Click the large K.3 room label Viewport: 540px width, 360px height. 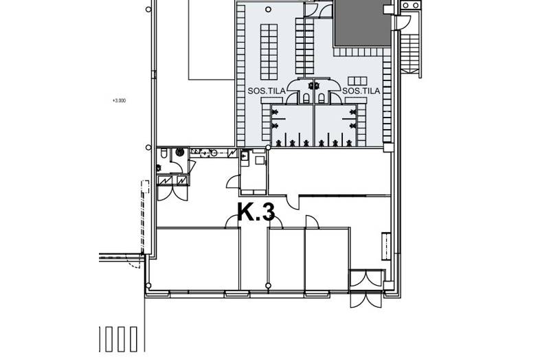(x=256, y=212)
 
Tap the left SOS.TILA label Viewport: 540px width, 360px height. (x=267, y=91)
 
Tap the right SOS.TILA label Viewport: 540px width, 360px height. (x=361, y=91)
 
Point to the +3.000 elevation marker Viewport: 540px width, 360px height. (x=119, y=100)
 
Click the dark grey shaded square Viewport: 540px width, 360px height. (x=363, y=23)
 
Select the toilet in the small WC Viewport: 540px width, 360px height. (x=164, y=153)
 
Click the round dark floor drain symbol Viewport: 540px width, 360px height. (x=180, y=152)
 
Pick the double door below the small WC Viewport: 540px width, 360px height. (x=172, y=193)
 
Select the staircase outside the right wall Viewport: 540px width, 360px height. (x=411, y=51)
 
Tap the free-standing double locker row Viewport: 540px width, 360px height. (x=269, y=52)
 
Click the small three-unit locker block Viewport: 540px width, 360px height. (x=357, y=81)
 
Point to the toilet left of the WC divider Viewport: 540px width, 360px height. (x=306, y=98)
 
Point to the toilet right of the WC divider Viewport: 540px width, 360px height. (x=322, y=98)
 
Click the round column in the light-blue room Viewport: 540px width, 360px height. (x=268, y=10)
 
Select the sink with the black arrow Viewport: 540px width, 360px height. (x=245, y=157)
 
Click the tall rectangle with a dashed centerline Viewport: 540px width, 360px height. (x=386, y=246)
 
